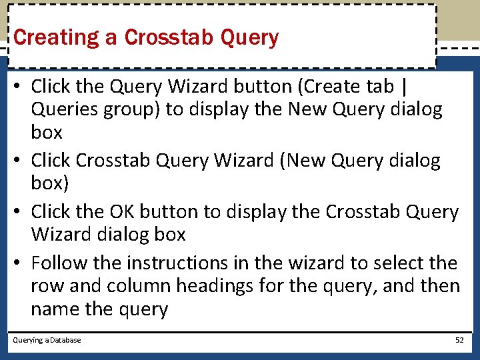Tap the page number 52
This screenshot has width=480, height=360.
[459, 340]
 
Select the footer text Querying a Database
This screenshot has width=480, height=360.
[47, 340]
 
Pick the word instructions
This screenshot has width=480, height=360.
[164, 263]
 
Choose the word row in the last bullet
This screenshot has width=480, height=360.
[45, 286]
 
